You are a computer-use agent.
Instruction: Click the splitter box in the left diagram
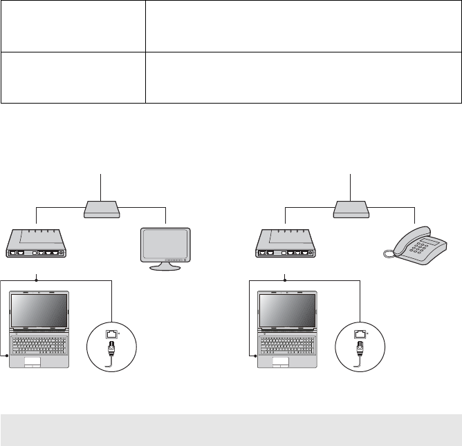102,208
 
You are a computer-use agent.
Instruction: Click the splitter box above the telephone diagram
351,208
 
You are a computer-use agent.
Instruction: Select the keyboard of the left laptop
40,342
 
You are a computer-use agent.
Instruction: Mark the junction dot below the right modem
285,280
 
